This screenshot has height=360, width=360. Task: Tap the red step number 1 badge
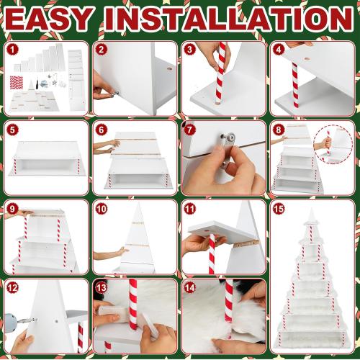pos(12,50)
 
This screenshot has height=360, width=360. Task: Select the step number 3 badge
pos(189,50)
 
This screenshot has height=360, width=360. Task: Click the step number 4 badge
pos(278,50)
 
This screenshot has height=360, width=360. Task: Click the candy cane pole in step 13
pos(132,306)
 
